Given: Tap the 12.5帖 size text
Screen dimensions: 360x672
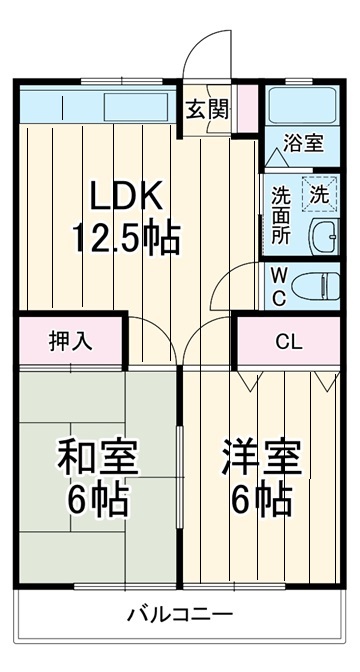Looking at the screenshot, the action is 124,237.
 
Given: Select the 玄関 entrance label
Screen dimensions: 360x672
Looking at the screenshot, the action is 208,108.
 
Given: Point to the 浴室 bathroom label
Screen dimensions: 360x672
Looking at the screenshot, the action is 303,143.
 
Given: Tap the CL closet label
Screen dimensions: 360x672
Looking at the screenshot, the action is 289,341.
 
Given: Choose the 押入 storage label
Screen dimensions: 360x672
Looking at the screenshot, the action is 70,341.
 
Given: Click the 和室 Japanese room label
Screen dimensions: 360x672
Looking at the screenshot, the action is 97,460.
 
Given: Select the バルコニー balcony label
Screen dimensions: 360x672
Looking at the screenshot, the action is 180,614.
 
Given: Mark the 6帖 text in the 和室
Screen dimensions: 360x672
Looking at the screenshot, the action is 97,500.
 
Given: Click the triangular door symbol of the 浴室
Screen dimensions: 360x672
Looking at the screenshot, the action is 276,158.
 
